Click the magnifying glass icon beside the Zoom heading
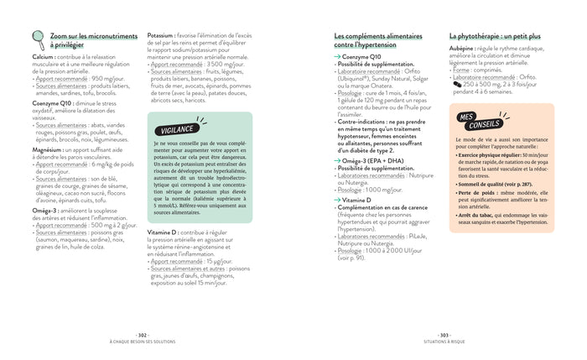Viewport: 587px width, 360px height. point(37,39)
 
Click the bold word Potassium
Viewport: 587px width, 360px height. point(161,36)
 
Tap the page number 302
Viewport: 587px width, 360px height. point(143,334)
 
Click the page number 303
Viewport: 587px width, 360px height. point(444,334)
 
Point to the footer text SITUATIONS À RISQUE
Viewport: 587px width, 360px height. point(444,341)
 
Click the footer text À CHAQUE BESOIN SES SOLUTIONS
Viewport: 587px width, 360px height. point(143,341)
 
